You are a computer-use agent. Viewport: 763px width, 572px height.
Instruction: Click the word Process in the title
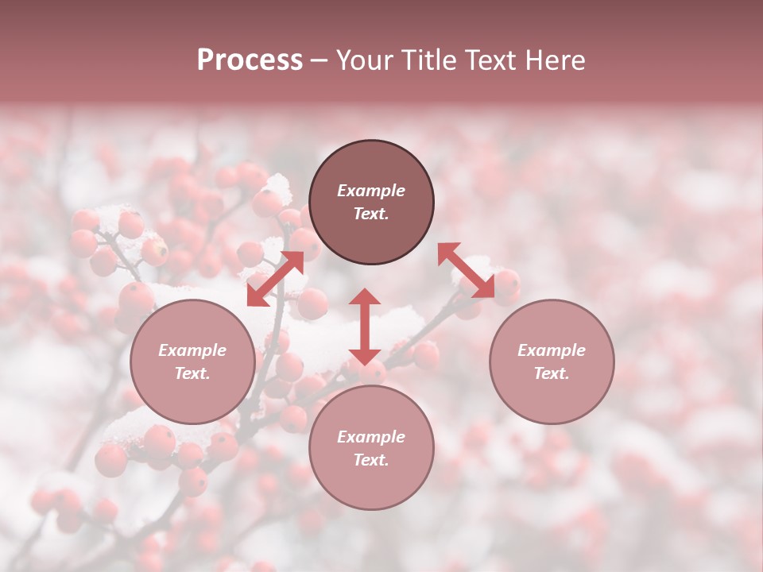[x=250, y=60]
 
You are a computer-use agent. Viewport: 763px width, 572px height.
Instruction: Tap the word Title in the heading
[x=426, y=60]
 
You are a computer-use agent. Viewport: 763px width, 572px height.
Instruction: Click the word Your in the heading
[x=366, y=60]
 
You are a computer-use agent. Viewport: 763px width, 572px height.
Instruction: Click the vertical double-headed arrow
[x=365, y=327]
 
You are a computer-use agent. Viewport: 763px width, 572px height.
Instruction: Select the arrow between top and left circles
[x=275, y=278]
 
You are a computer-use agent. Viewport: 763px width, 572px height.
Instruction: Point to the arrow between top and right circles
[x=467, y=270]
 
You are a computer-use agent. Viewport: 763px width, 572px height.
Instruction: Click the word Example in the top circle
[x=371, y=191]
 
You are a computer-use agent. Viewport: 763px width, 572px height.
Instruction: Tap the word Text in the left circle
[x=192, y=373]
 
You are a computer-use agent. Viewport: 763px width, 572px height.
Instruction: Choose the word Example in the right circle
[x=552, y=350]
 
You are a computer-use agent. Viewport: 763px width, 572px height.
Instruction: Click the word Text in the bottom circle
[x=371, y=460]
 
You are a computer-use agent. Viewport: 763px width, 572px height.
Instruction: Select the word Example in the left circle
[x=192, y=350]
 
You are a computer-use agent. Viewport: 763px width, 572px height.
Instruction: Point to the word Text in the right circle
[x=552, y=373]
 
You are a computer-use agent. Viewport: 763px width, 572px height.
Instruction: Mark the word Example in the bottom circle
[x=371, y=437]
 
